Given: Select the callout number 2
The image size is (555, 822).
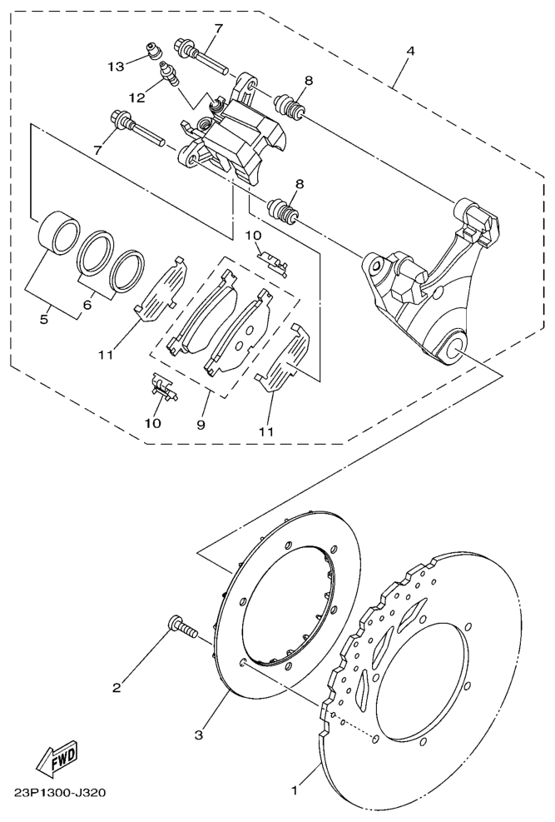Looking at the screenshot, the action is [x=116, y=687].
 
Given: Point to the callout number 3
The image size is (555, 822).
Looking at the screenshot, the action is [x=198, y=735].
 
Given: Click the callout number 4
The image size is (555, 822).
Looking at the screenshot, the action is [x=410, y=51].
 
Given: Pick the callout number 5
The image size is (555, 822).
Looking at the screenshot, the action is [x=44, y=319].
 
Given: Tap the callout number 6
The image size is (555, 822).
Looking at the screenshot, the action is [x=87, y=304].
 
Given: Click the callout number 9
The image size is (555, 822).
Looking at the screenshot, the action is [x=201, y=425].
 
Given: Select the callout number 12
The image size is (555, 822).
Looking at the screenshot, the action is [x=136, y=97].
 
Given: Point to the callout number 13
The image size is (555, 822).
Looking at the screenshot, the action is [x=116, y=67].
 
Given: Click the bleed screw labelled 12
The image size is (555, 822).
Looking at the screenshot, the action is [x=169, y=72].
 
